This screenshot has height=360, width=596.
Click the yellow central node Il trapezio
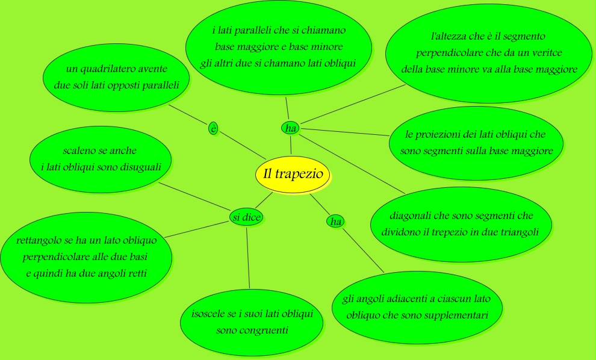click(293, 175)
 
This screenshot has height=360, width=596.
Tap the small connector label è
click(213, 128)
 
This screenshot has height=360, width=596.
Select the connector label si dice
click(247, 217)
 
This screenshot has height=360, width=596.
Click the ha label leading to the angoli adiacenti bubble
click(336, 222)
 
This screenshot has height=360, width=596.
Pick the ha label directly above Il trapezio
click(291, 128)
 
